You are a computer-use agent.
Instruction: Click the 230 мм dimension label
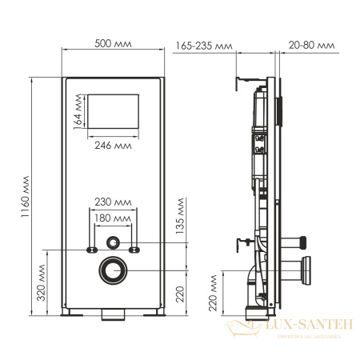(113, 202)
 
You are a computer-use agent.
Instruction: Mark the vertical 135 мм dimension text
(182, 214)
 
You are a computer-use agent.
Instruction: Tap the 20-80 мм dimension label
(313, 46)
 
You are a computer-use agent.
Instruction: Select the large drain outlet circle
(113, 270)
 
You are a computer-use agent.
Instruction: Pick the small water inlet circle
(113, 242)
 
